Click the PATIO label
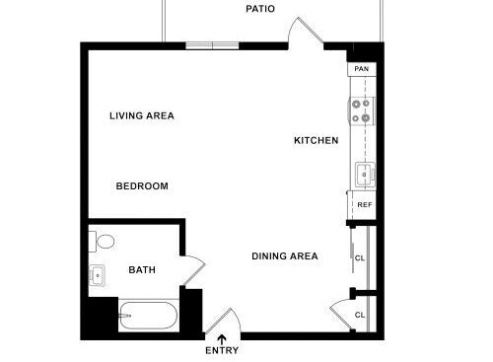[260, 9]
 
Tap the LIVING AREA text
[141, 115]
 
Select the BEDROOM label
[141, 185]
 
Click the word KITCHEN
[316, 140]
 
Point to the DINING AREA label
[284, 256]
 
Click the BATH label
[142, 269]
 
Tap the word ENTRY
[221, 350]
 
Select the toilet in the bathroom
[103, 241]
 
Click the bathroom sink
[98, 275]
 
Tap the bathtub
[148, 317]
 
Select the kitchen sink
[363, 176]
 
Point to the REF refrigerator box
[364, 205]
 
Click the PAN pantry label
[362, 69]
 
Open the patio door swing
[306, 32]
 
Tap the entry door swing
[222, 322]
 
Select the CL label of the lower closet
[360, 315]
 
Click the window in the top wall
[212, 44]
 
